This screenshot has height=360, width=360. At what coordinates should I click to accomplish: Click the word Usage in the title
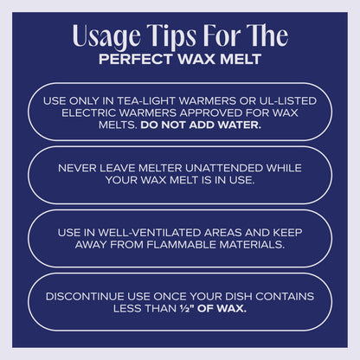[106, 36]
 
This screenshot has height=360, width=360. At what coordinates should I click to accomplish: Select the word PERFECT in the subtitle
[136, 59]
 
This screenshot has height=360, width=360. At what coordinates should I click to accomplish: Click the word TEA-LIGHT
[146, 101]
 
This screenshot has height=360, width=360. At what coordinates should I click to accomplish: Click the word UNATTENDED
[224, 168]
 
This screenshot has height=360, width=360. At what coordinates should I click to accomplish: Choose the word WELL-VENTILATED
[150, 232]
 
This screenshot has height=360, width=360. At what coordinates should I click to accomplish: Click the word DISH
[239, 296]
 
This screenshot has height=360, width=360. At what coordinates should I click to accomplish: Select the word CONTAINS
[285, 296]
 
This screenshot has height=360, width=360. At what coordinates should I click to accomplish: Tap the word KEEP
[287, 232]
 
